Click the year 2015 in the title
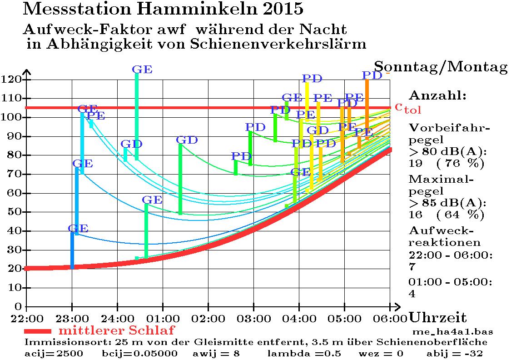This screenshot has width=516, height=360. (280, 8)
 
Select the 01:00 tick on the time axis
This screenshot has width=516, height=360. (162, 316)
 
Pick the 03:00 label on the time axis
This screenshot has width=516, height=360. (253, 316)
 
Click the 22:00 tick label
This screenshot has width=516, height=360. (27, 316)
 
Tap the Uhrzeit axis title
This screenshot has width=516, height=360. (438, 317)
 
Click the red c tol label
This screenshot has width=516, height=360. (407, 108)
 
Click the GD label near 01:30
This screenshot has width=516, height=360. (187, 140)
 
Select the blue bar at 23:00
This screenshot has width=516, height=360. (72, 250)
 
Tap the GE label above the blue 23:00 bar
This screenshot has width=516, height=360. (78, 228)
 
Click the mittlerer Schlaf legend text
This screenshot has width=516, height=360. (117, 330)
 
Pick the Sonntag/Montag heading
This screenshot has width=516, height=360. (441, 67)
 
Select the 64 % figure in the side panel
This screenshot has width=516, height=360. (461, 215)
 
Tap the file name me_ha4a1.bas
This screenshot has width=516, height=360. (452, 331)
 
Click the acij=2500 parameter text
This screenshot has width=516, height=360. (54, 353)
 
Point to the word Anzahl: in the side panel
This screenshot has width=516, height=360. (437, 96)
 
